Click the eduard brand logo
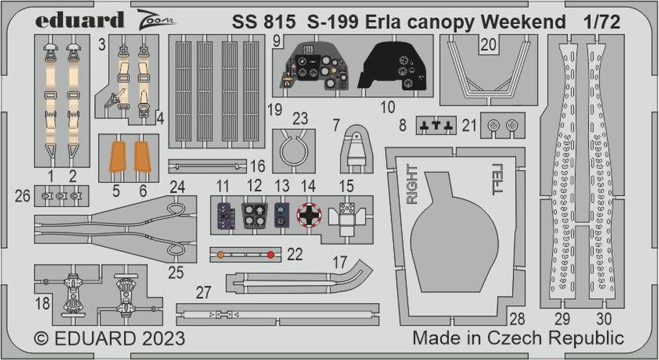click(x=80, y=20)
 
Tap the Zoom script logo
click(x=156, y=20)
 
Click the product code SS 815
click(x=264, y=22)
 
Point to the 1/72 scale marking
click(x=602, y=22)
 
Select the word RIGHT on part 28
click(x=412, y=184)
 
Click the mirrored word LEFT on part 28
click(x=498, y=179)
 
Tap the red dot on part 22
click(x=271, y=255)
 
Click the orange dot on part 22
click(x=221, y=255)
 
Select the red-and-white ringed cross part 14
click(x=309, y=215)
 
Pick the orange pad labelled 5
click(x=118, y=156)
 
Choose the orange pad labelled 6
click(x=143, y=156)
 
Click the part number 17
click(x=340, y=262)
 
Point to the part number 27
click(x=203, y=292)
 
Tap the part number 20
click(x=489, y=45)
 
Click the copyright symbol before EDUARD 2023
click(x=41, y=338)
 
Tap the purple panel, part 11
click(x=226, y=216)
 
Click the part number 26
click(x=23, y=196)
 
